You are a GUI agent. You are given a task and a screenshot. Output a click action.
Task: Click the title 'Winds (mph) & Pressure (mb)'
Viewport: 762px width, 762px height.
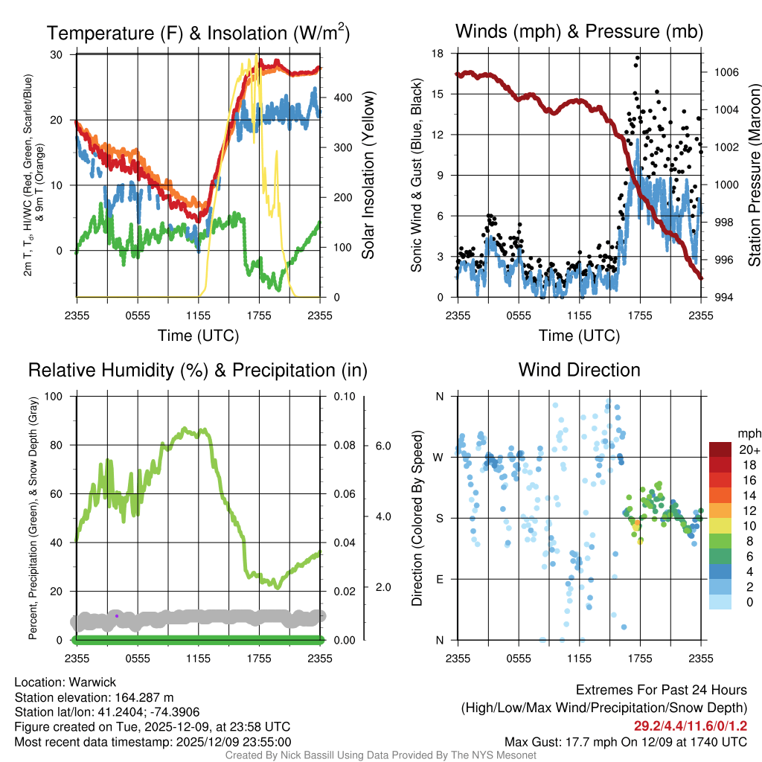(579, 32)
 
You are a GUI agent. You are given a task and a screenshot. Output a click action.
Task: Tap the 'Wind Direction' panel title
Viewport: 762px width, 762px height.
(579, 370)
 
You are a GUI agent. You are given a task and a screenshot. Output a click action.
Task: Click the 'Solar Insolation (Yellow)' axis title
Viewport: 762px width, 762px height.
(368, 176)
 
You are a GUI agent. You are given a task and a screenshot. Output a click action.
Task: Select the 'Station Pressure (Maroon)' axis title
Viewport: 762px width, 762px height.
(754, 176)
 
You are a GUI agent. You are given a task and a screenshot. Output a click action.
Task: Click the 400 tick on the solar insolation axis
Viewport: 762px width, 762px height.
(342, 97)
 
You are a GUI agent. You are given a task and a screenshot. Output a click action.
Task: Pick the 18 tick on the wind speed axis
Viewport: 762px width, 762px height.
(438, 54)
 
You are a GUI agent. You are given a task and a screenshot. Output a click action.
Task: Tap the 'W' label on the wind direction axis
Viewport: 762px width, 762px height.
(440, 457)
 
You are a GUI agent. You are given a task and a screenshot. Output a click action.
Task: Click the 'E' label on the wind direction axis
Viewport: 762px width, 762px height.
(440, 579)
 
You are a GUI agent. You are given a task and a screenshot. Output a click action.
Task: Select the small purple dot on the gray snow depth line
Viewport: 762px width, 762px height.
(117, 615)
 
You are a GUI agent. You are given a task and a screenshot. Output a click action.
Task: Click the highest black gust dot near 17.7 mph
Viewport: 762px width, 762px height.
(638, 57)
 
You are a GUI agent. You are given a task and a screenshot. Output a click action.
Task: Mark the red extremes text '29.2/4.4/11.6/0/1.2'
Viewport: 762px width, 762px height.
(691, 726)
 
